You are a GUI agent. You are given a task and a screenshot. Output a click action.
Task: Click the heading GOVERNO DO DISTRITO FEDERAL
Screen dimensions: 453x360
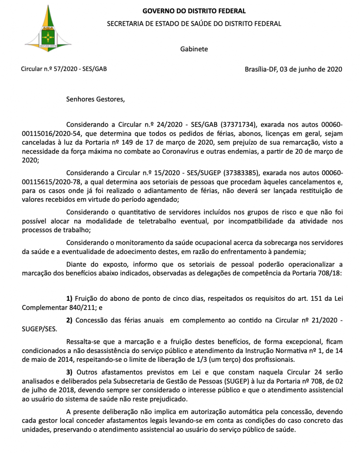194,11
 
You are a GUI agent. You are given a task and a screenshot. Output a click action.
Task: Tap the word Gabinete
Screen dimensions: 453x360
194,49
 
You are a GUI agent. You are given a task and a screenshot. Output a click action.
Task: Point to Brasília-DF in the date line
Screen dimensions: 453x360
261,69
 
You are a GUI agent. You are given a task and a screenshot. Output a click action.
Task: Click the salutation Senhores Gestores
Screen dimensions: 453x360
96,99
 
